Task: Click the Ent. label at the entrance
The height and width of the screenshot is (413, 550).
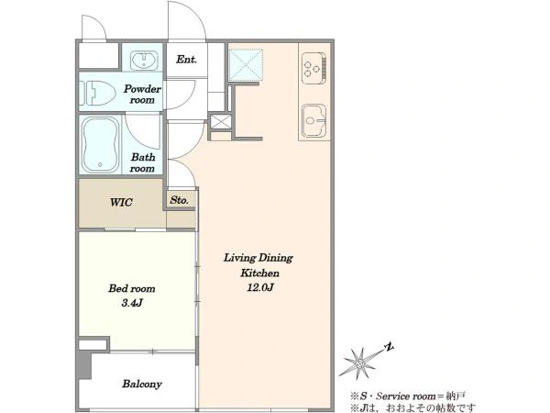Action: coord(186,60)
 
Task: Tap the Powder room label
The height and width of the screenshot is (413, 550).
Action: coord(142,95)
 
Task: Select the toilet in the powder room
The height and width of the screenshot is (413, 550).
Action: coord(97,93)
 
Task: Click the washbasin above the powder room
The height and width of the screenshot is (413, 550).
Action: coord(144,61)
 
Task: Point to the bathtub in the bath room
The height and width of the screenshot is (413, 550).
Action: coord(100,145)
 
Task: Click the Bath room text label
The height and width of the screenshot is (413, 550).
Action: coord(142,162)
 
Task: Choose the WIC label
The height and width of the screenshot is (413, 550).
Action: coord(121,202)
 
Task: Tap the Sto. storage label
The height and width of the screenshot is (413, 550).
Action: coord(180,200)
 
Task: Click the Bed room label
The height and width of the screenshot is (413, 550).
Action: coord(131,289)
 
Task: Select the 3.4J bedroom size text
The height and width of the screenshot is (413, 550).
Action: coord(131,303)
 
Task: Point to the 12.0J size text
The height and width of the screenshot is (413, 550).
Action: coord(260,287)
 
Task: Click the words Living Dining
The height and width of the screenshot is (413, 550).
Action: coord(258,258)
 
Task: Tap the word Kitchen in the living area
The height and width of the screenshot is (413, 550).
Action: coord(259,273)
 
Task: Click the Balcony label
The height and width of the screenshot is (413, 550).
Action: coord(142,384)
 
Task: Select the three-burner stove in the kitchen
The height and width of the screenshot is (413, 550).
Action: coord(313,68)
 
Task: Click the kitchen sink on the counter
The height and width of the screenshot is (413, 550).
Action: coord(313,121)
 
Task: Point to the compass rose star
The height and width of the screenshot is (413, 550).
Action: coord(360,363)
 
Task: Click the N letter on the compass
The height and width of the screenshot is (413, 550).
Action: coord(389,347)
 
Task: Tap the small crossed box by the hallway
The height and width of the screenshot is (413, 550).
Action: coord(221,122)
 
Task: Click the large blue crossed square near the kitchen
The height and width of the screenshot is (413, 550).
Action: coord(246,65)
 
